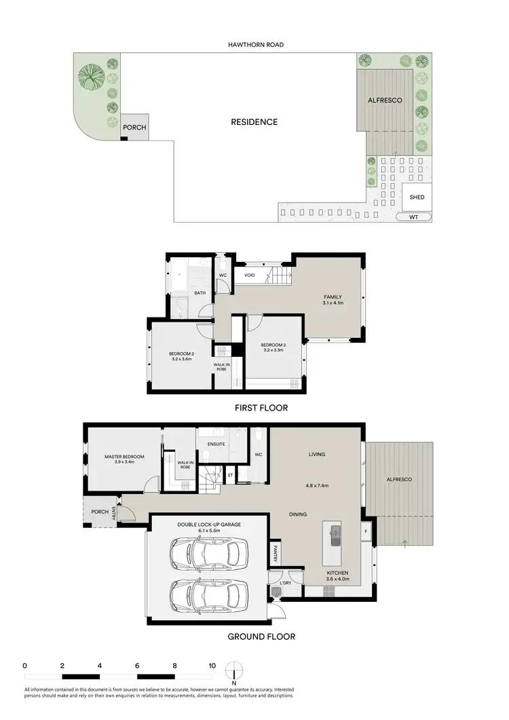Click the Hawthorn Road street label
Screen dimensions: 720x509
coord(256,45)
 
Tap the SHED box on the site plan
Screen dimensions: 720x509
coord(417,197)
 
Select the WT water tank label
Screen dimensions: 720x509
coord(414,218)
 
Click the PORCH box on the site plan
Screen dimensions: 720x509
coord(134,128)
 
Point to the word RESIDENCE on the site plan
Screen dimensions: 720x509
coord(254,122)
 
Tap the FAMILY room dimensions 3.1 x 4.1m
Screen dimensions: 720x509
coord(332,304)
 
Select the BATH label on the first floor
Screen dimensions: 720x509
coord(200,293)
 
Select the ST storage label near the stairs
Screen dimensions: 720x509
coord(230,475)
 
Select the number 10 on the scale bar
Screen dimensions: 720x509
coord(212,666)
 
